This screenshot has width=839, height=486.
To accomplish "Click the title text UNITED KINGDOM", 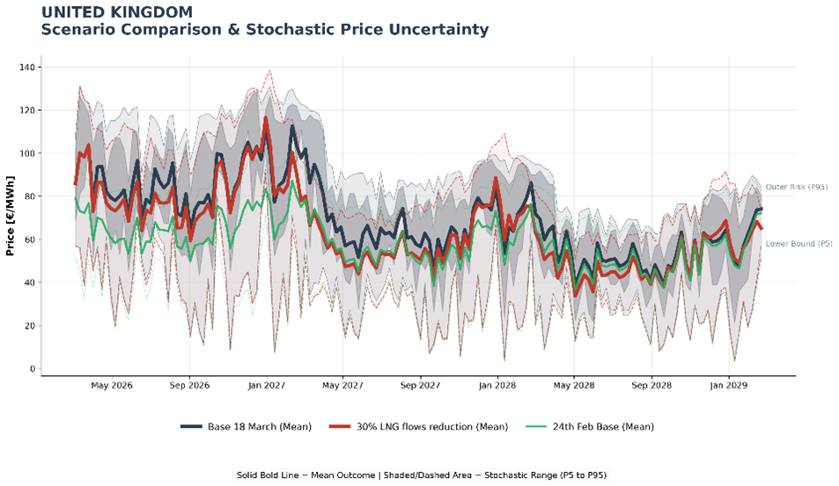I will pyautogui.click(x=116, y=12).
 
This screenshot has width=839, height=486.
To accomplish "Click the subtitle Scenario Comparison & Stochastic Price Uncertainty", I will pyautogui.click(x=264, y=30).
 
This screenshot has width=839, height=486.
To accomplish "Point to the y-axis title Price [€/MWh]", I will pyautogui.click(x=10, y=216).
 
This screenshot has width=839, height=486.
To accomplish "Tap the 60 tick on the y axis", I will pyautogui.click(x=28, y=239).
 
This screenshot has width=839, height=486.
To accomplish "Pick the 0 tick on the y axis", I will pyautogui.click(x=31, y=369).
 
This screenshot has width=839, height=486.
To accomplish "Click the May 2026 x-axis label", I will pyautogui.click(x=111, y=385).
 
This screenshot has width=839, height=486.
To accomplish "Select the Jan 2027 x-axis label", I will pyautogui.click(x=265, y=385).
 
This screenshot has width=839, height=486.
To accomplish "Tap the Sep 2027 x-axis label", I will pyautogui.click(x=420, y=385).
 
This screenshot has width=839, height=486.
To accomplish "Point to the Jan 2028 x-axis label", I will pyautogui.click(x=497, y=385).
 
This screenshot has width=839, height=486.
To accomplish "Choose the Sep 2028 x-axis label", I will pyautogui.click(x=652, y=385).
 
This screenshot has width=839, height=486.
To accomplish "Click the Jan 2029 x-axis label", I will pyautogui.click(x=728, y=385).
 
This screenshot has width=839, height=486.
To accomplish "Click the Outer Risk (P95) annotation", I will pyautogui.click(x=796, y=187).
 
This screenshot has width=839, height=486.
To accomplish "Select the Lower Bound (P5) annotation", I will pyautogui.click(x=799, y=243).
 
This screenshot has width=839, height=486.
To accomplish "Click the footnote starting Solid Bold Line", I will pyautogui.click(x=421, y=475).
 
